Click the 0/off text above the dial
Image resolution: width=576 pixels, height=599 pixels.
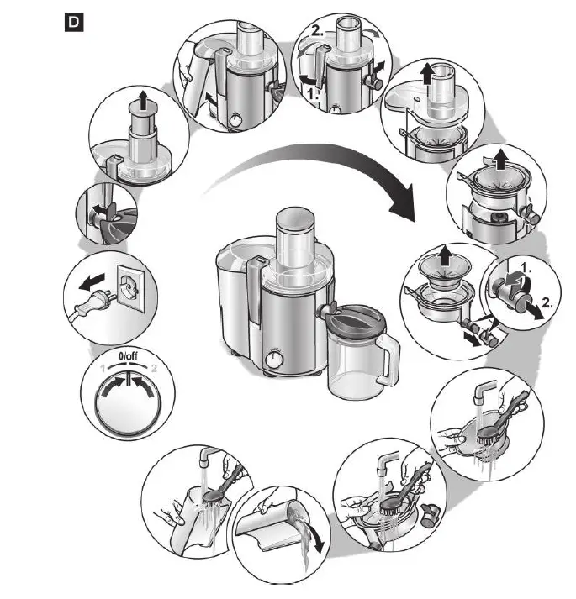point(128,358)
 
